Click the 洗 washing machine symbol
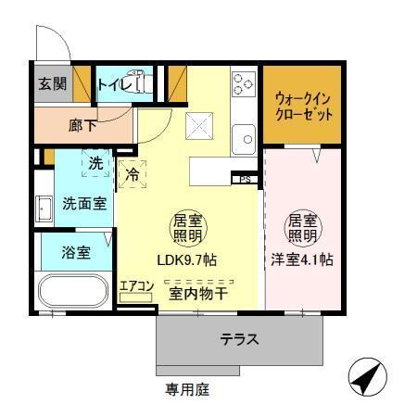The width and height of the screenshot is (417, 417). [x=95, y=164]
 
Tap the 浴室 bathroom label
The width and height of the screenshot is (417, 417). [x=77, y=252]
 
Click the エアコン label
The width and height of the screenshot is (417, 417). [x=135, y=286]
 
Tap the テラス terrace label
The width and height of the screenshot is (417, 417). [x=238, y=339]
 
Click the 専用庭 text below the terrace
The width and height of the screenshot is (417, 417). [x=188, y=389]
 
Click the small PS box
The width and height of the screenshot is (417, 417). [x=246, y=179]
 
